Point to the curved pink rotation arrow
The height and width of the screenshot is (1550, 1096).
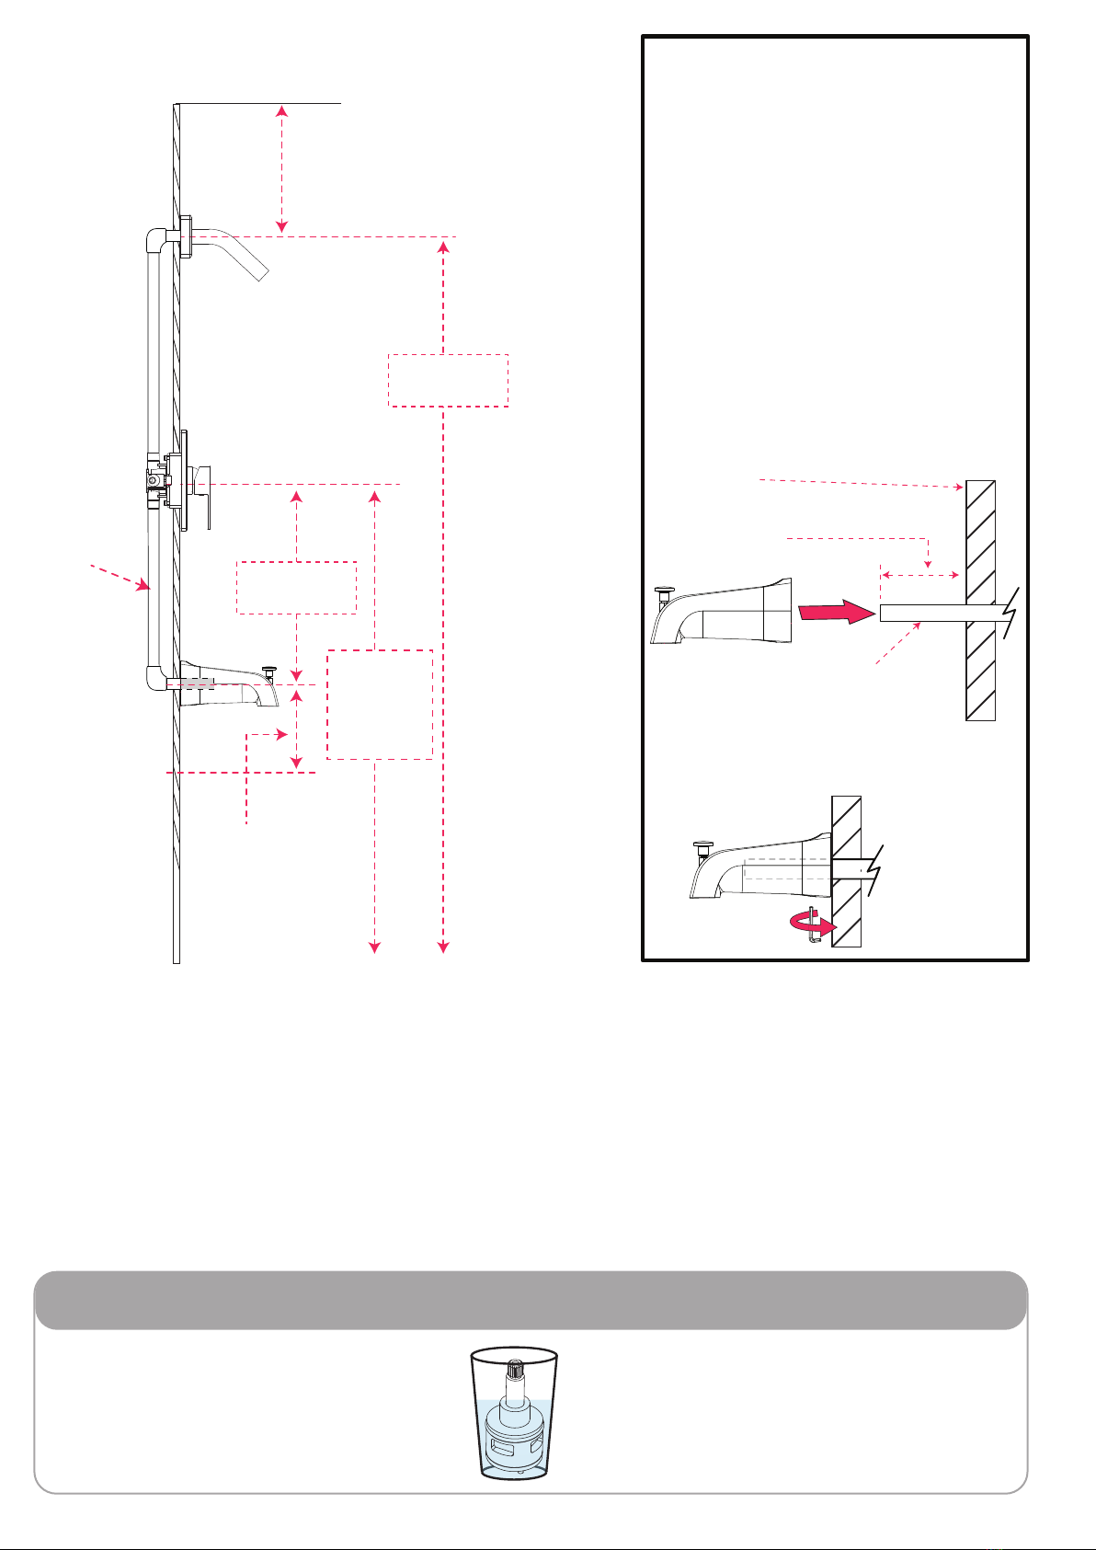[816, 926]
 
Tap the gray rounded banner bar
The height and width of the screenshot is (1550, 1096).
[530, 1300]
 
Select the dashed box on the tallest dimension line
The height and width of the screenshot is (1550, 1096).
[449, 381]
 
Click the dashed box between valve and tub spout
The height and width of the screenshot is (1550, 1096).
[296, 587]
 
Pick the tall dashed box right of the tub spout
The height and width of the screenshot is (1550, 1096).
[380, 705]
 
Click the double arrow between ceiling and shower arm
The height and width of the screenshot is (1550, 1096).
[282, 169]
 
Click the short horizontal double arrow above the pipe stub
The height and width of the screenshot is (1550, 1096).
[920, 576]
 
